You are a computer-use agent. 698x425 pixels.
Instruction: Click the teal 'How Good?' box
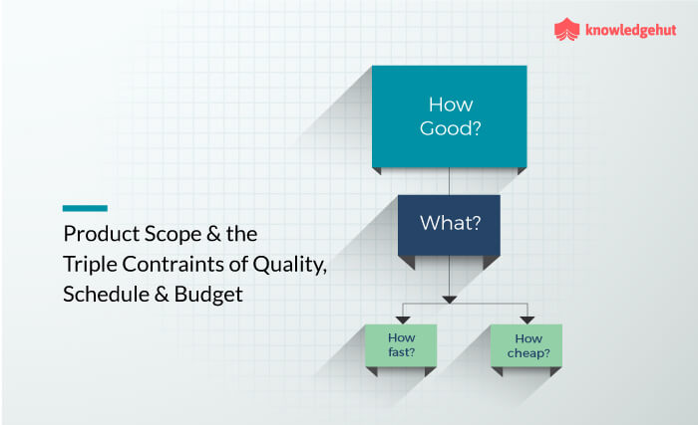click(449, 115)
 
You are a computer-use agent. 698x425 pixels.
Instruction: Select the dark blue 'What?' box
click(449, 222)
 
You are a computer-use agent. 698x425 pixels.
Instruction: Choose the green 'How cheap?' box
click(525, 344)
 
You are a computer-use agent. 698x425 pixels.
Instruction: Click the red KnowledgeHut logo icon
click(566, 31)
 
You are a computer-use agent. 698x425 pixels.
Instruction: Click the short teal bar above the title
click(85, 208)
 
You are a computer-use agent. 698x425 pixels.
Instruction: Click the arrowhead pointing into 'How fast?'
click(403, 319)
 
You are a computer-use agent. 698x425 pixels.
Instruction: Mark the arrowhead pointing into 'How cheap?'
click(525, 319)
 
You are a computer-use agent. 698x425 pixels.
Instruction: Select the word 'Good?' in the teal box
click(449, 128)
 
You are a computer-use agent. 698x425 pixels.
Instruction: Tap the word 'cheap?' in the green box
click(525, 351)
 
